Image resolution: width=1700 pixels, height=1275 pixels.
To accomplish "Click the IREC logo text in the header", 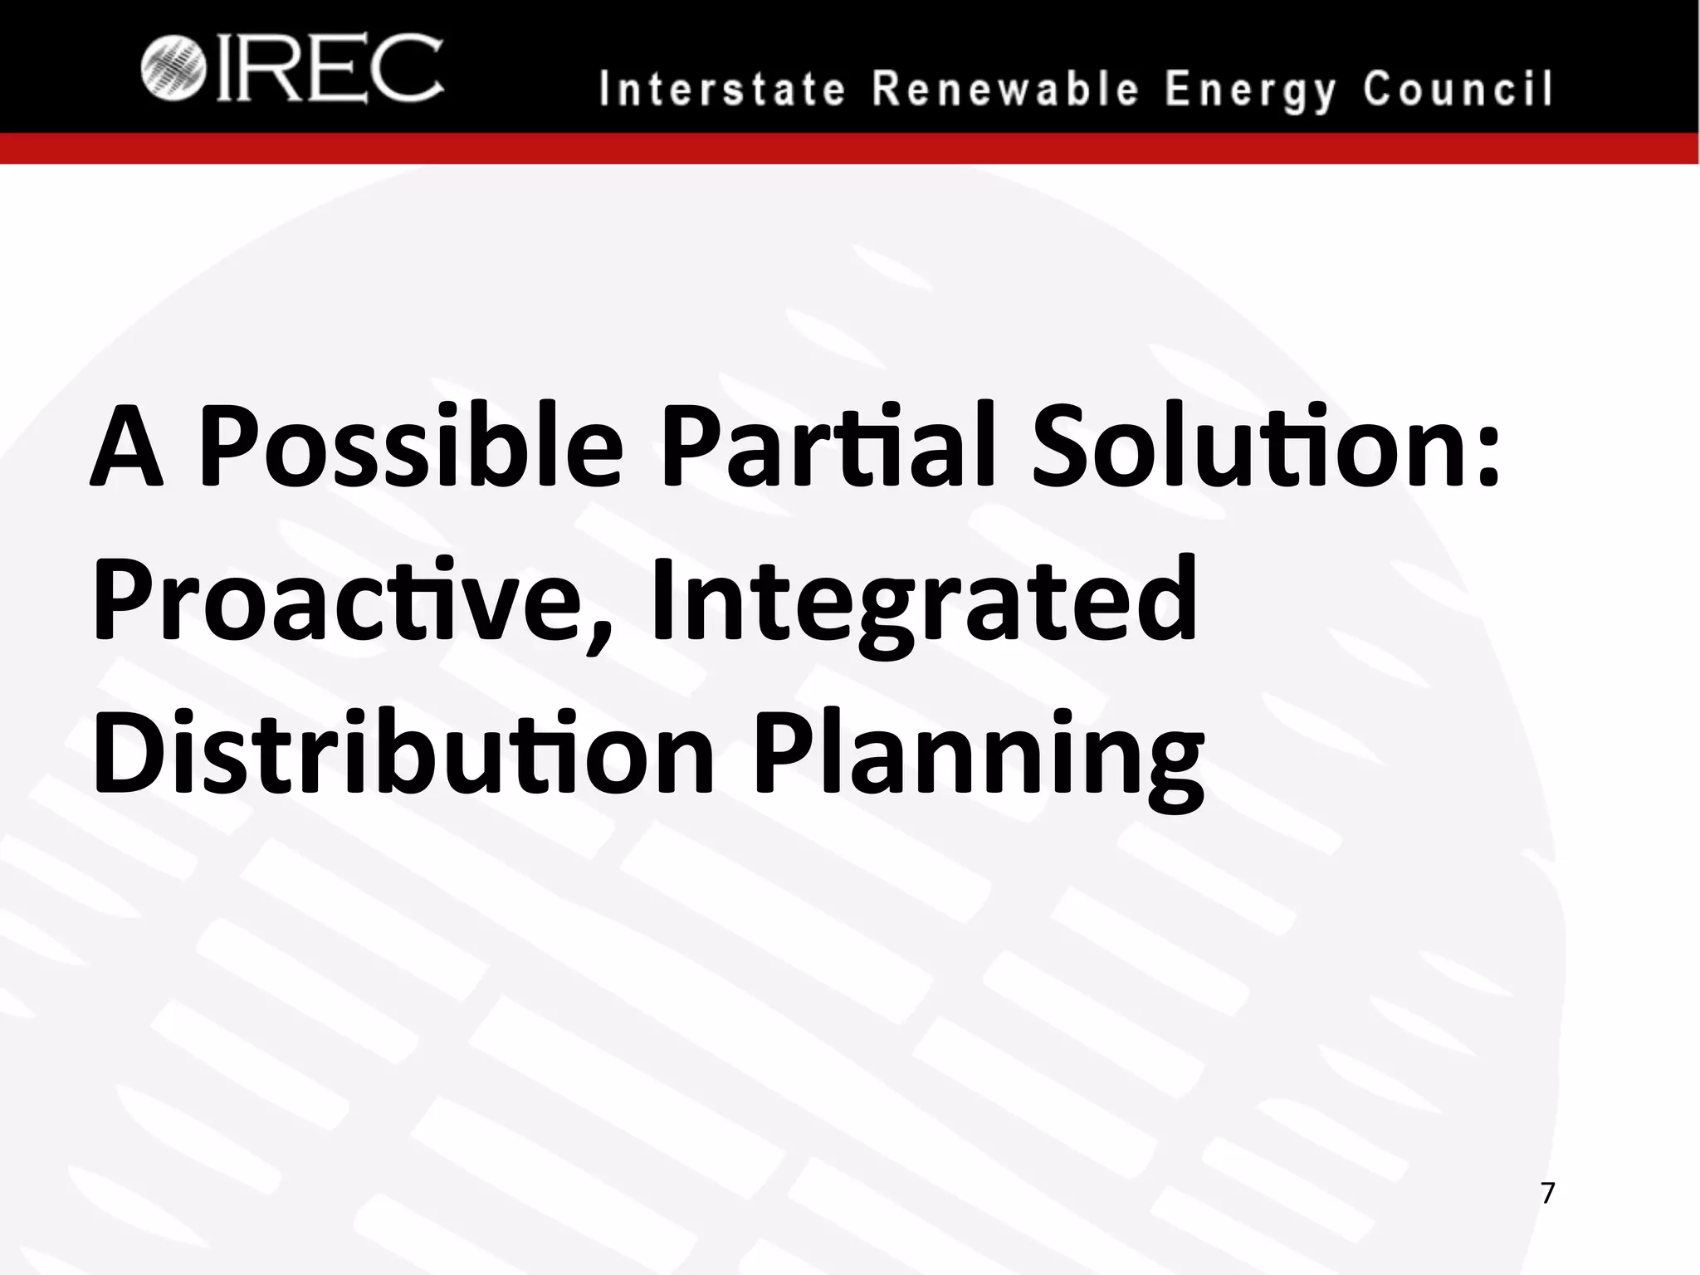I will [x=330, y=69].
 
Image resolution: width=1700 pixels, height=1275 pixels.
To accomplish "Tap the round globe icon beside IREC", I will [x=173, y=69].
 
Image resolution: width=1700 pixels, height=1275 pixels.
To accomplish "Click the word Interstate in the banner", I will [x=722, y=90].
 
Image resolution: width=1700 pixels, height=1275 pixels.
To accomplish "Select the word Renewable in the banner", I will [x=1005, y=90].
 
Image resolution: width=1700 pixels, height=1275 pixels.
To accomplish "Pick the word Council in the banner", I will [x=1457, y=90].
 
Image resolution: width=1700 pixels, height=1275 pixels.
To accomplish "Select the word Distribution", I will [x=402, y=751].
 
